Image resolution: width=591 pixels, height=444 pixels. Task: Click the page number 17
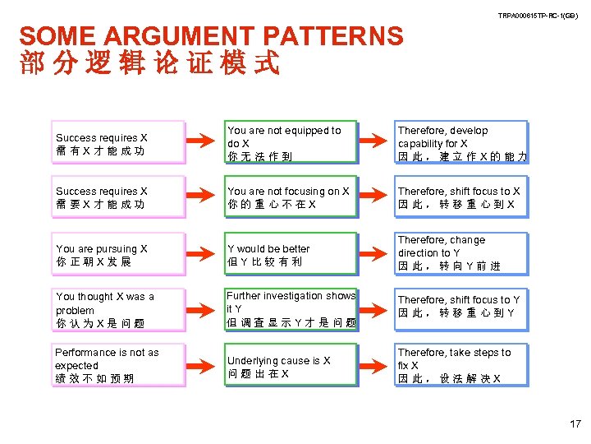coord(574,424)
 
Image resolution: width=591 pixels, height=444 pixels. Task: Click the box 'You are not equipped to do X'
coord(291,142)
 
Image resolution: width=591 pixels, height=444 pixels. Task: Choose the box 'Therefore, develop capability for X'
coord(461,142)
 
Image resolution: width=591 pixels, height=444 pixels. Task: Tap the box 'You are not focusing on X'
coord(291,197)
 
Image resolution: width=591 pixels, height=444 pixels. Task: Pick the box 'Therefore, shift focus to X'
coord(461,197)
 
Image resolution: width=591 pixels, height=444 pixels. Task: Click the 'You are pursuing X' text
coord(102,255)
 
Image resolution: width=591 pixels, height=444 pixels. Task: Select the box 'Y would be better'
coord(291,255)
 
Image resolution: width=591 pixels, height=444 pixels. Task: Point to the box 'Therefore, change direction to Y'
coord(461,253)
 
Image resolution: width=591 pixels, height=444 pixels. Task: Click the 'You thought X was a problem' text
coord(105,310)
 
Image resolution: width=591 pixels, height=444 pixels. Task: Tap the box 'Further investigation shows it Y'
coord(291,309)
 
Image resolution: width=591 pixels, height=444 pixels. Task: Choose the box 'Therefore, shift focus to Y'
coord(461,307)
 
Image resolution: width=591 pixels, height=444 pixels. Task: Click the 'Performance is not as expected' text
coord(107,365)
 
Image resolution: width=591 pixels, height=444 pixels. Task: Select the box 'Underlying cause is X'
coord(291,367)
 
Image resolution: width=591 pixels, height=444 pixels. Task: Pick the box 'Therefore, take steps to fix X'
coord(461,365)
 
